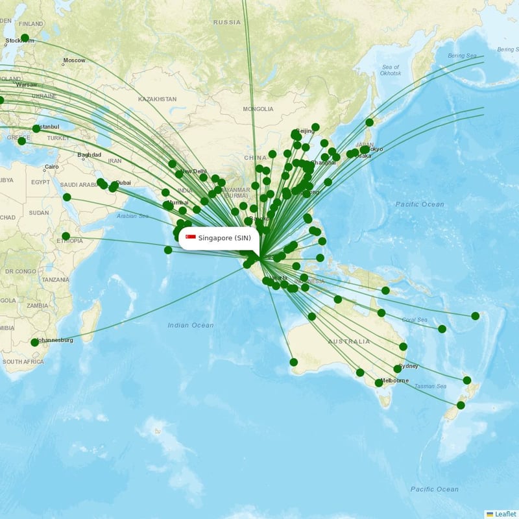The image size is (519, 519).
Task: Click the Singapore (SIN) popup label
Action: point(219,238)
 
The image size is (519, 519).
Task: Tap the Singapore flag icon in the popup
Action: point(191,238)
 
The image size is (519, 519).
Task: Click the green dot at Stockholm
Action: point(25,38)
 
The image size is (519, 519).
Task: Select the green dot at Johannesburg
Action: point(34,342)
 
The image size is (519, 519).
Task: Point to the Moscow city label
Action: point(74,60)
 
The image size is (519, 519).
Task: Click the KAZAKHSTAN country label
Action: point(157,99)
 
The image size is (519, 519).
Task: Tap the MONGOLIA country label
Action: point(258,109)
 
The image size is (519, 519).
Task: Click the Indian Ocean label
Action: point(190,325)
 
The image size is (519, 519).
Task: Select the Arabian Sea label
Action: point(133,216)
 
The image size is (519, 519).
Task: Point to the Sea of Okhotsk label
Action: point(391,70)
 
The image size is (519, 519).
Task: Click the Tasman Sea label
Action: point(430,386)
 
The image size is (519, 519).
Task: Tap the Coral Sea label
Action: point(414,319)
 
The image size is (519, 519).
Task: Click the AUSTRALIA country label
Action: point(348,341)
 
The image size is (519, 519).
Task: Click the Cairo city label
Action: point(52,167)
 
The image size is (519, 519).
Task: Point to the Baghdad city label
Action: point(89,155)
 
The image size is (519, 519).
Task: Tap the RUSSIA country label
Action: point(227,22)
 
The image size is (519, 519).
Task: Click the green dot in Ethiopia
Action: point(66,236)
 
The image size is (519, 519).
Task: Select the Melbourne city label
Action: point(394,380)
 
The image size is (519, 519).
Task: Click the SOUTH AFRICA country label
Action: point(23,361)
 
